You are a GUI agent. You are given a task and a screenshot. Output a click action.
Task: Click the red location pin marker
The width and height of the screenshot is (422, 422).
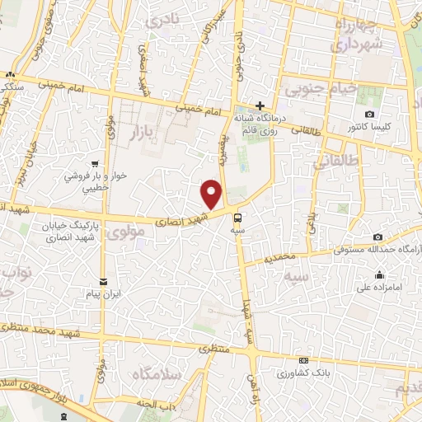click(213, 195)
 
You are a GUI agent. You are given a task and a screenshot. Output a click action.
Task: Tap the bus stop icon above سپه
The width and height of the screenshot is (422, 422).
click(238, 218)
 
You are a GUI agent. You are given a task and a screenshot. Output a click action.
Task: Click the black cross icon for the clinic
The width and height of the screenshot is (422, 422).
click(260, 105)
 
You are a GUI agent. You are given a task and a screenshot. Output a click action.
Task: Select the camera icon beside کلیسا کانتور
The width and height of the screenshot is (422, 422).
click(369, 114)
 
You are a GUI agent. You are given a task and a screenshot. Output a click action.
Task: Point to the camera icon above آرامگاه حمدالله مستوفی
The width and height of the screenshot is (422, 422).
click(377, 237)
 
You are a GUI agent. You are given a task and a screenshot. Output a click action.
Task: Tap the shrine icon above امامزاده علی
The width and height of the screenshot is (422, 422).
click(379, 275)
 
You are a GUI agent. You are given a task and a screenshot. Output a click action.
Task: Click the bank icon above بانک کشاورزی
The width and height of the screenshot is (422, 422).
click(304, 360)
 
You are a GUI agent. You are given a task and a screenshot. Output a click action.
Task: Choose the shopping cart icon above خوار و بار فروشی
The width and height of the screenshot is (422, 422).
click(96, 163)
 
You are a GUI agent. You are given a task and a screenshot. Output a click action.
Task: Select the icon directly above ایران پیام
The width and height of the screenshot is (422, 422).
click(103, 281)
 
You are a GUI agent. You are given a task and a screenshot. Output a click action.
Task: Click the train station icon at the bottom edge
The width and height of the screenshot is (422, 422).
click(64, 416)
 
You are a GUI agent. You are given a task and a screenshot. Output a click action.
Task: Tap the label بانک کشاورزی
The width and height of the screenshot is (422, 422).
click(304, 372)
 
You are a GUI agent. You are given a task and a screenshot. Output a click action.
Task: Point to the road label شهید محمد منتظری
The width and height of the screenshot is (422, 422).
click(49, 329)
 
